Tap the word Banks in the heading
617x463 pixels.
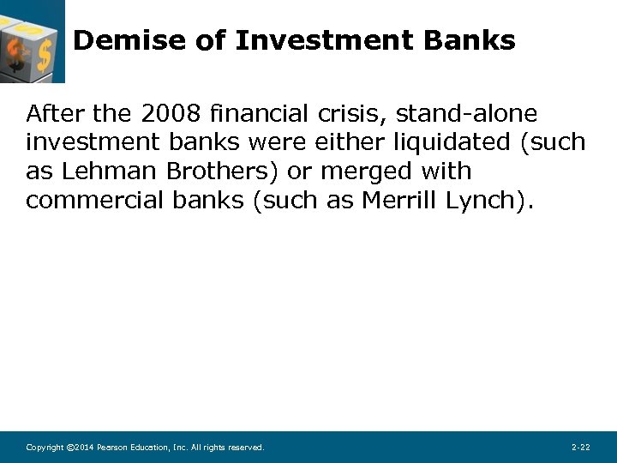pos(470,40)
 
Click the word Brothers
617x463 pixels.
pos(219,171)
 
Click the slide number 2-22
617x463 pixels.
pos(580,448)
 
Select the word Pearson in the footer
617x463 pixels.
pos(115,448)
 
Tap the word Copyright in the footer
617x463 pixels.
pos(45,448)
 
